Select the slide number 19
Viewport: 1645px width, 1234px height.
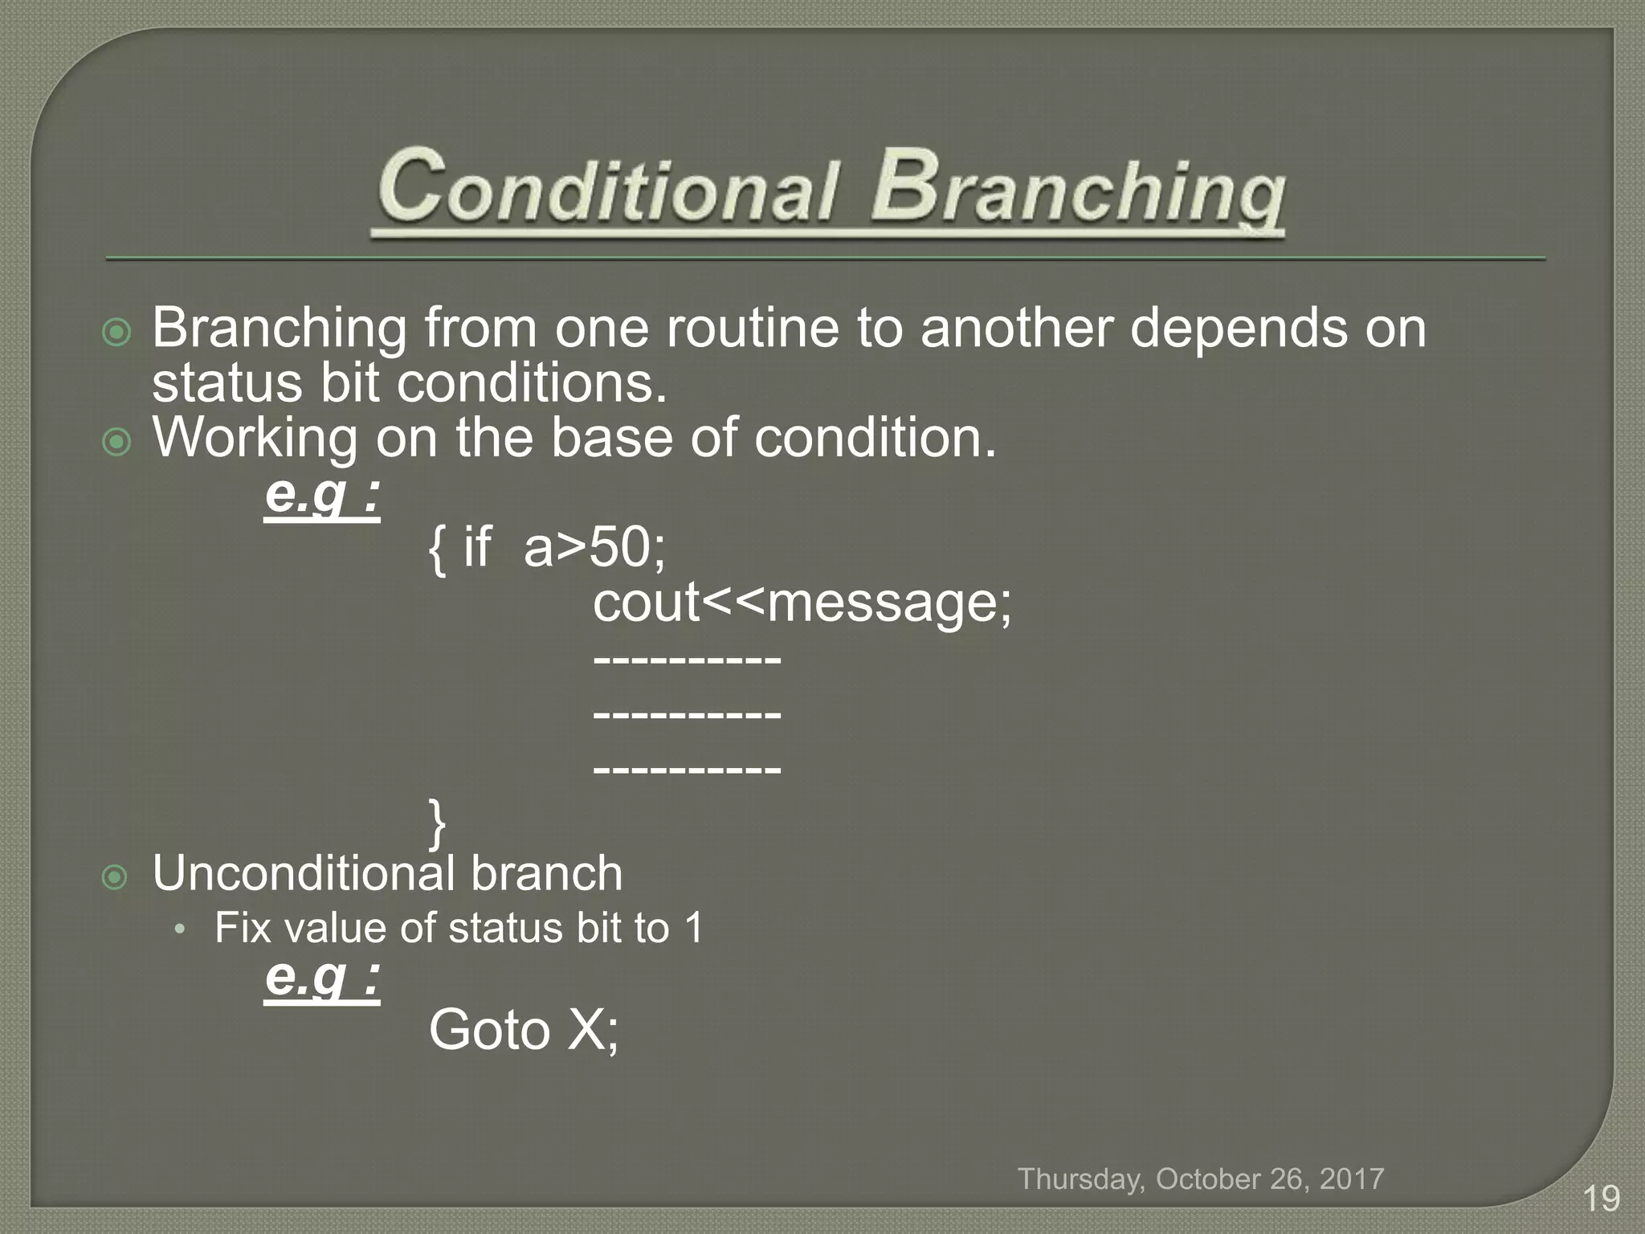1601,1199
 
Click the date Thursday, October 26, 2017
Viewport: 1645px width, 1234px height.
1201,1179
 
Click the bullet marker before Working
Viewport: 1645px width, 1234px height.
117,442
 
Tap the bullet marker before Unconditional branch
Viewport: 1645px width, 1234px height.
117,877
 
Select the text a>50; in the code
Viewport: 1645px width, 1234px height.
594,548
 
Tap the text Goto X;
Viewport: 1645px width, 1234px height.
524,1030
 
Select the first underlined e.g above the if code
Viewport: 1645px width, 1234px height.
321,496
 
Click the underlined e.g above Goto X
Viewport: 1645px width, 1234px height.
321,978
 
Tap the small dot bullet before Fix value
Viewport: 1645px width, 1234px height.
181,930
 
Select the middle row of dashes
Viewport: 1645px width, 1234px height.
687,713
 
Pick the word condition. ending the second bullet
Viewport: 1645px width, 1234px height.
875,439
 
